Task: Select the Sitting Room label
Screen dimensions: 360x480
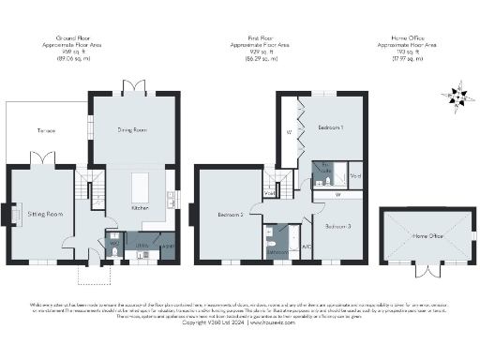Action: [43, 215]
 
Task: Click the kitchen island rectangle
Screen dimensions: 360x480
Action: [141, 182]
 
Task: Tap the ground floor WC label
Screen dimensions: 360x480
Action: [113, 243]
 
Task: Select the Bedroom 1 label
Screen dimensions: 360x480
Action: [328, 127]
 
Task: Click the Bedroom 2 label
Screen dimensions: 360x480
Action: [231, 215]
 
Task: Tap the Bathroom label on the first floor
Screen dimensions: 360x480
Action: [277, 250]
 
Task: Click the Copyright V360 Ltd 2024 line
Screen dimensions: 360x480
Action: [240, 322]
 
